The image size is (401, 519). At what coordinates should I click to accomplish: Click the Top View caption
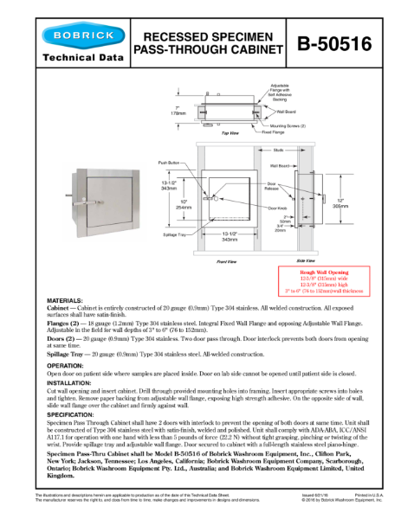(230, 133)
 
